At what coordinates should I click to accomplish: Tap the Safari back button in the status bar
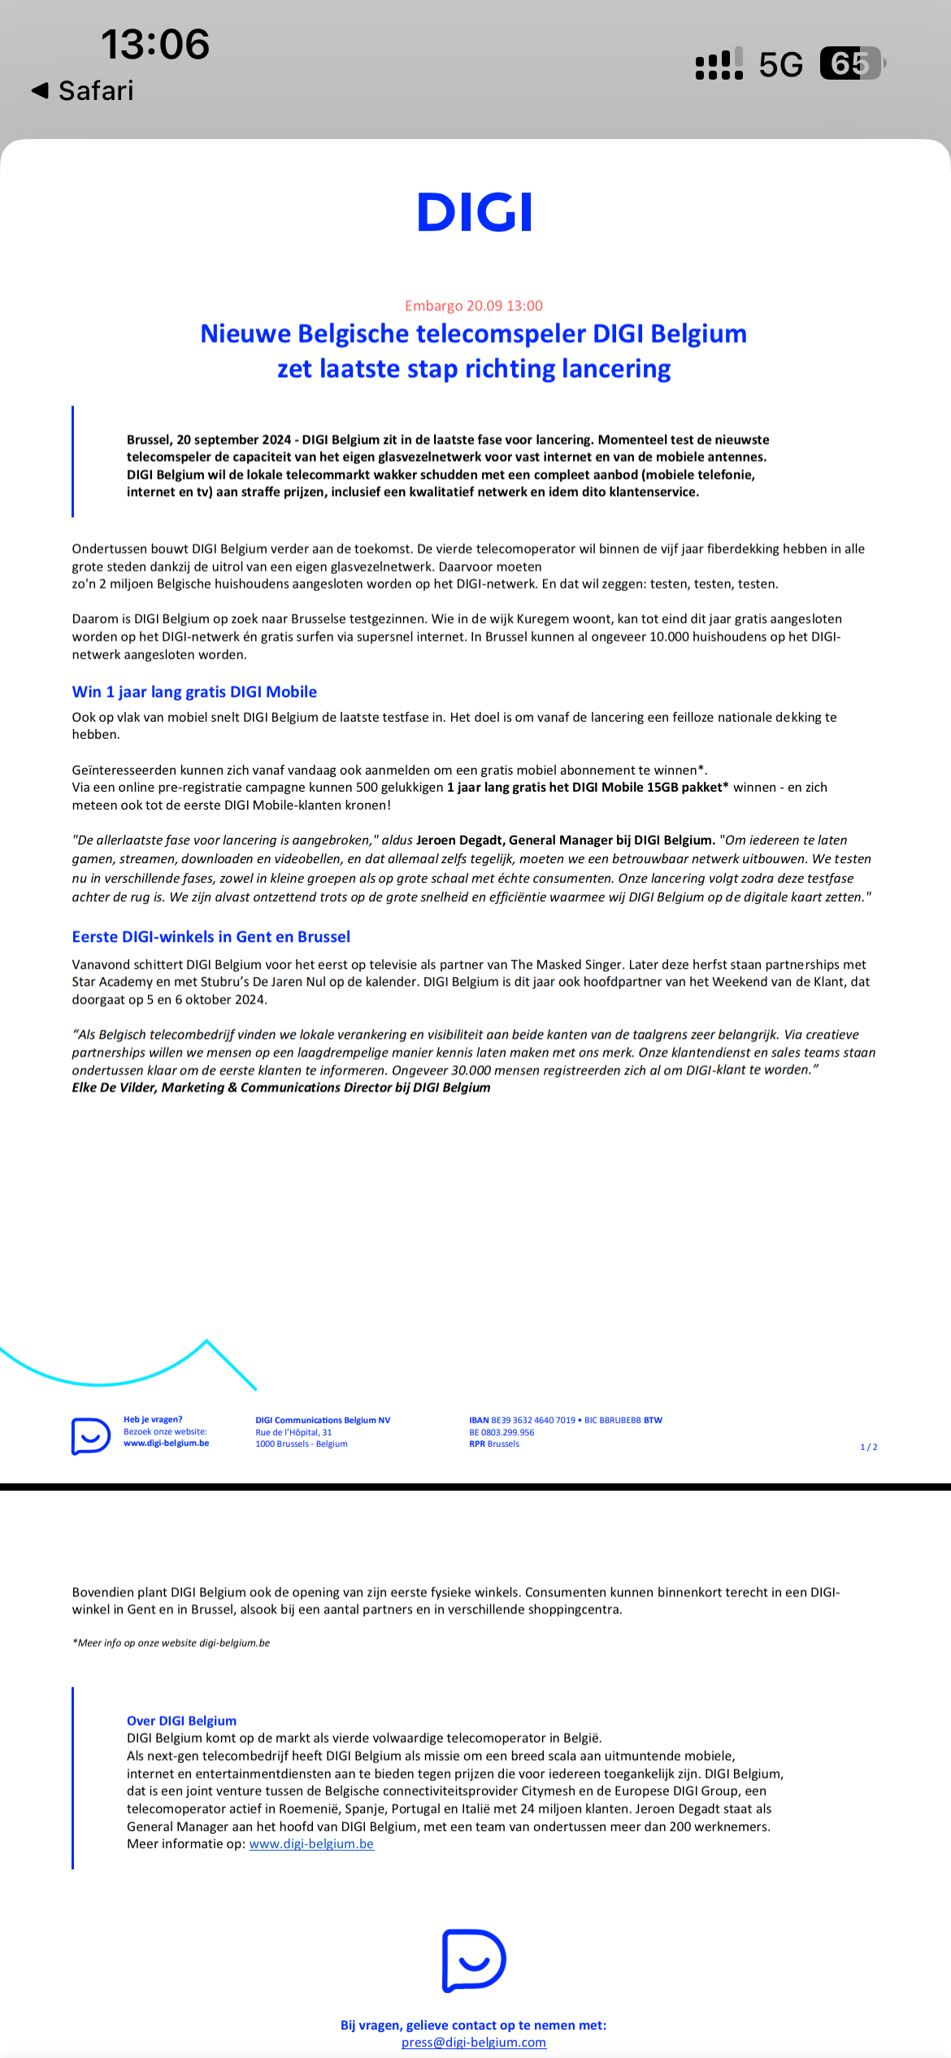(81, 90)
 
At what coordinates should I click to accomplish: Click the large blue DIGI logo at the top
(475, 212)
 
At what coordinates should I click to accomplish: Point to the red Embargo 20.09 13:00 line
(474, 306)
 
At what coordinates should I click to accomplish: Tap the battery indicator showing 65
(850, 63)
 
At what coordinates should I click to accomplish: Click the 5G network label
(780, 64)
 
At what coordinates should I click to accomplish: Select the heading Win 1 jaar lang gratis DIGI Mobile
(194, 692)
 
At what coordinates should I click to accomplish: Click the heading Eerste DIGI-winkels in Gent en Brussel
(211, 936)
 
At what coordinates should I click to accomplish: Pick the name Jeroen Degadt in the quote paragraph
(458, 840)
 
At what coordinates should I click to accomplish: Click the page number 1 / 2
(868, 1447)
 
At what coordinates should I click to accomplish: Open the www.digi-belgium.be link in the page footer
(166, 1444)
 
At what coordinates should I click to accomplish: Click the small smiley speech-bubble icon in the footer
(91, 1436)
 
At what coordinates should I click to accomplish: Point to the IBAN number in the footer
(532, 1420)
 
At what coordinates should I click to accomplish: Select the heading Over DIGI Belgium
(181, 1721)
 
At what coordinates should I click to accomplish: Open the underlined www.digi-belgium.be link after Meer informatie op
(311, 1843)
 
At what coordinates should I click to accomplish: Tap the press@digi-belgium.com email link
(474, 2043)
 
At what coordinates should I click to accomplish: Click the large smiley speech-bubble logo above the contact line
(474, 1960)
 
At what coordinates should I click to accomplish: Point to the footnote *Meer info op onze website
(171, 1643)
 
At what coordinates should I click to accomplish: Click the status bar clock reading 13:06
(154, 44)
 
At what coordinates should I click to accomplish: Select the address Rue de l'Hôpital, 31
(293, 1432)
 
